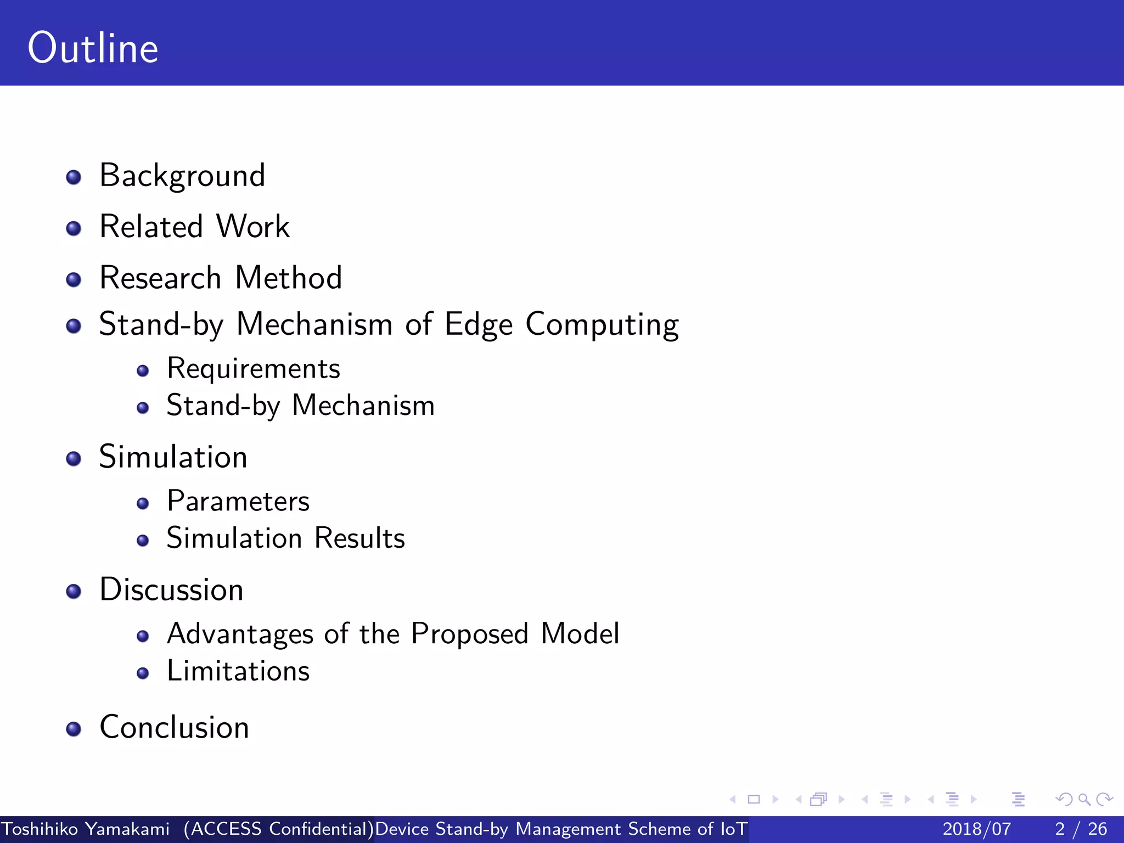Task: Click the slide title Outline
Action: point(93,48)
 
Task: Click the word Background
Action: point(182,176)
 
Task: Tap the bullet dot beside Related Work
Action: point(74,228)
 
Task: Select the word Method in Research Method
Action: point(288,277)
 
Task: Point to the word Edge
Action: point(478,325)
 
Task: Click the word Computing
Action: point(602,325)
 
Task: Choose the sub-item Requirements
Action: point(253,369)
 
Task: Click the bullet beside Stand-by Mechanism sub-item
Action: point(143,408)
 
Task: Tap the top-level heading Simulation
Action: point(173,457)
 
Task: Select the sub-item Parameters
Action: point(238,501)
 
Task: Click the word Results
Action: point(359,538)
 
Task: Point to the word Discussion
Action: point(171,590)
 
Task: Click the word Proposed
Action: point(469,634)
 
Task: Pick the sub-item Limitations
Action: point(238,671)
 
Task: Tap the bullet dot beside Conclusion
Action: point(74,729)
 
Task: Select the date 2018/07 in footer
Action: point(976,829)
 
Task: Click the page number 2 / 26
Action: point(1080,829)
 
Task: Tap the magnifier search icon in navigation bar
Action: point(1083,799)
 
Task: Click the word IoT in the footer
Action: point(733,829)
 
